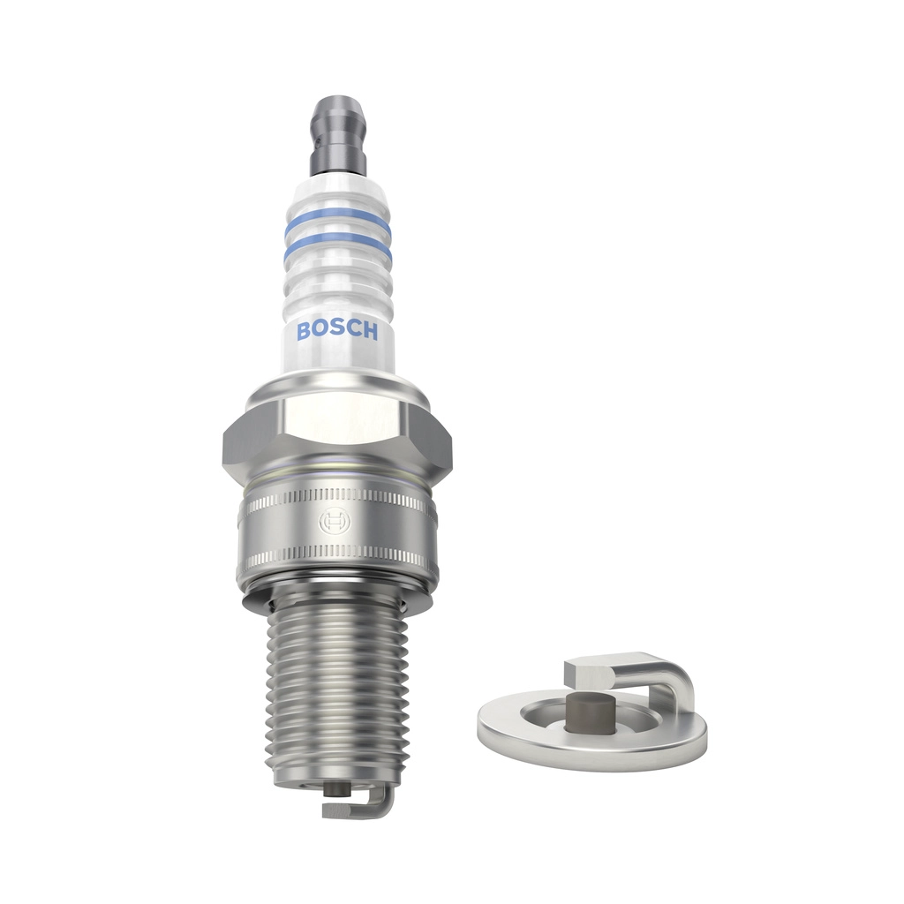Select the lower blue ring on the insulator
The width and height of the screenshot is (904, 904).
(x=337, y=244)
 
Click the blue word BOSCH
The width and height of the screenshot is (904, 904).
(x=337, y=330)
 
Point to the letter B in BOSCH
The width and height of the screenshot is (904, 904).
(x=304, y=331)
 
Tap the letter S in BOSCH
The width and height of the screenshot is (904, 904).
(x=336, y=330)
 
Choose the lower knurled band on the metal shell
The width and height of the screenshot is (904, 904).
(x=339, y=559)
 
